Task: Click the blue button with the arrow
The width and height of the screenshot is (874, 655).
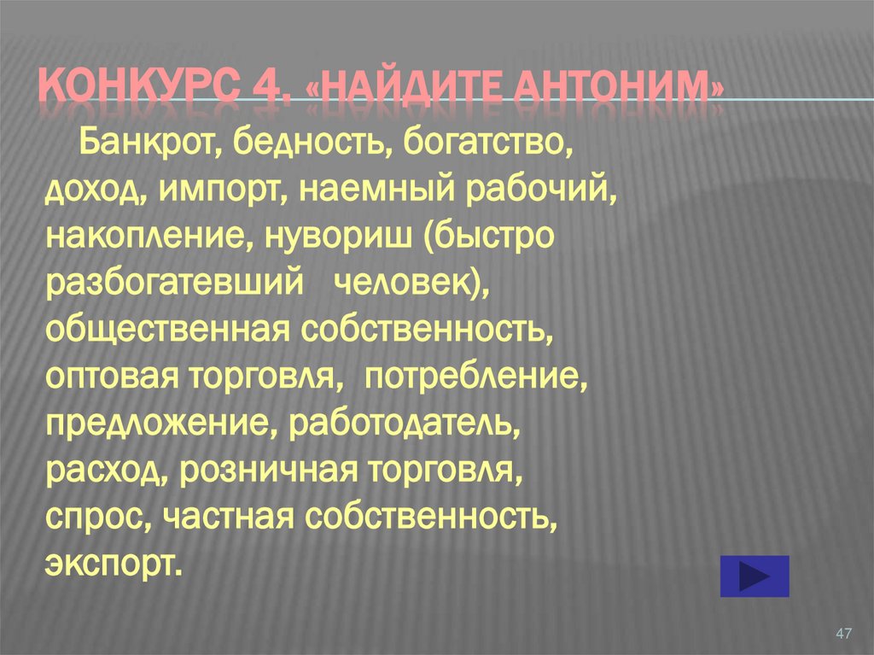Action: tap(755, 576)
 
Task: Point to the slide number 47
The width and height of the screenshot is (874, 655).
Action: tap(844, 633)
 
